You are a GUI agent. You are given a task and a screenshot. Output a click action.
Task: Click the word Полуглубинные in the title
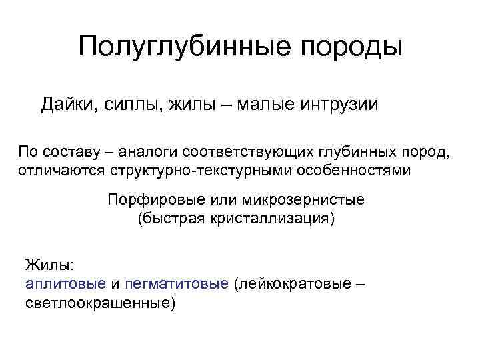point(179,47)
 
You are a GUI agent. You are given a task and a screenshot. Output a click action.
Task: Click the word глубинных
point(347,152)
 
